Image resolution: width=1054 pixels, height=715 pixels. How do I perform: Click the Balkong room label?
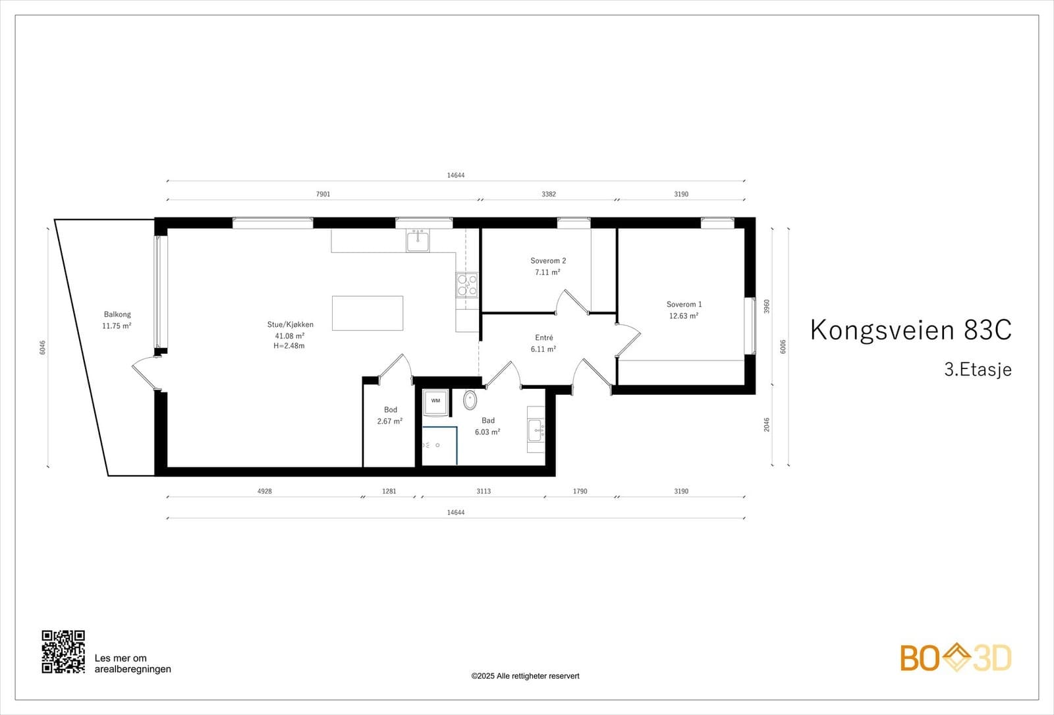coord(117,314)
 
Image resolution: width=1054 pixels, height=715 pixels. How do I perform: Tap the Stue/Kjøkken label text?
coord(290,324)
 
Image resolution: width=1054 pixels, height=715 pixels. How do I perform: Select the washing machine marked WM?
coord(435,401)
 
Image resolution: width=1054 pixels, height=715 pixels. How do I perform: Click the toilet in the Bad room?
coord(470,399)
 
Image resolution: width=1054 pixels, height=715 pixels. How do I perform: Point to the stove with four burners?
coord(467,285)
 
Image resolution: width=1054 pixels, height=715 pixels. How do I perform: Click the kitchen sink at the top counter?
coord(418,241)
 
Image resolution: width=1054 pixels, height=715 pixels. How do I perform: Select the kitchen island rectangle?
coord(368,313)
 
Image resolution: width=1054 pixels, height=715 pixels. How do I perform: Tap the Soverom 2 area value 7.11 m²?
coord(547,272)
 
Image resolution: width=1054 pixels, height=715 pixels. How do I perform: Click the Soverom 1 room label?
coord(684,304)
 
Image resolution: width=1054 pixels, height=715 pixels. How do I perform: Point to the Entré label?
coord(544,337)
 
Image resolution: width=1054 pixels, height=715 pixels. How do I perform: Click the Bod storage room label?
coord(391,410)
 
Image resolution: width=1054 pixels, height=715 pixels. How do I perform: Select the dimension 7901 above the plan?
coord(323,194)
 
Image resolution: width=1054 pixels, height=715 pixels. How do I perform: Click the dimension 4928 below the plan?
coord(264,491)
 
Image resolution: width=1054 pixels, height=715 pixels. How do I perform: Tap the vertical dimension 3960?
coord(766,306)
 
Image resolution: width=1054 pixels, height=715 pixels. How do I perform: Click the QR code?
coord(63,651)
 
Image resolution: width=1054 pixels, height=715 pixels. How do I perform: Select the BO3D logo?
coord(955,658)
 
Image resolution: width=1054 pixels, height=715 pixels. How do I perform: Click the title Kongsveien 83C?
coord(910,329)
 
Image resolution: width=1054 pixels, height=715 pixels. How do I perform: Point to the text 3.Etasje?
coord(978,369)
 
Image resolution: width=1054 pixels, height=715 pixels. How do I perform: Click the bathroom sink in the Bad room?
coord(536,430)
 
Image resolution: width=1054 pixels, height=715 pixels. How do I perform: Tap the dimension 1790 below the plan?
coord(580,491)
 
